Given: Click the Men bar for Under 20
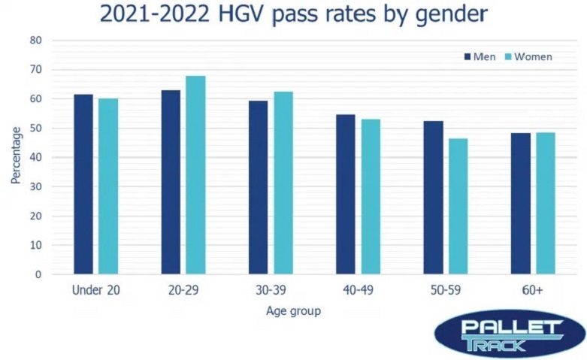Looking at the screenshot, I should pyautogui.click(x=83, y=184).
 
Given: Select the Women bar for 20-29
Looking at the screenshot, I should pyautogui.click(x=195, y=175).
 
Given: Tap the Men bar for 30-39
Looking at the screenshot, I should pyautogui.click(x=259, y=187).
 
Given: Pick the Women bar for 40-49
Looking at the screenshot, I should pyautogui.click(x=371, y=196).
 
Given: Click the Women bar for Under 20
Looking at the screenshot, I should pyautogui.click(x=108, y=186).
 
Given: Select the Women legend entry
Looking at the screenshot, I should pyautogui.click(x=529, y=57).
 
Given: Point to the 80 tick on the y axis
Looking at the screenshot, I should pyautogui.click(x=36, y=40).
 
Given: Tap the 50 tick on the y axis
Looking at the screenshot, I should pyautogui.click(x=36, y=128).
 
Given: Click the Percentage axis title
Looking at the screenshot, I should pyautogui.click(x=15, y=156).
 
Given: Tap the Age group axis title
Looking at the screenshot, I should pyautogui.click(x=294, y=310).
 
